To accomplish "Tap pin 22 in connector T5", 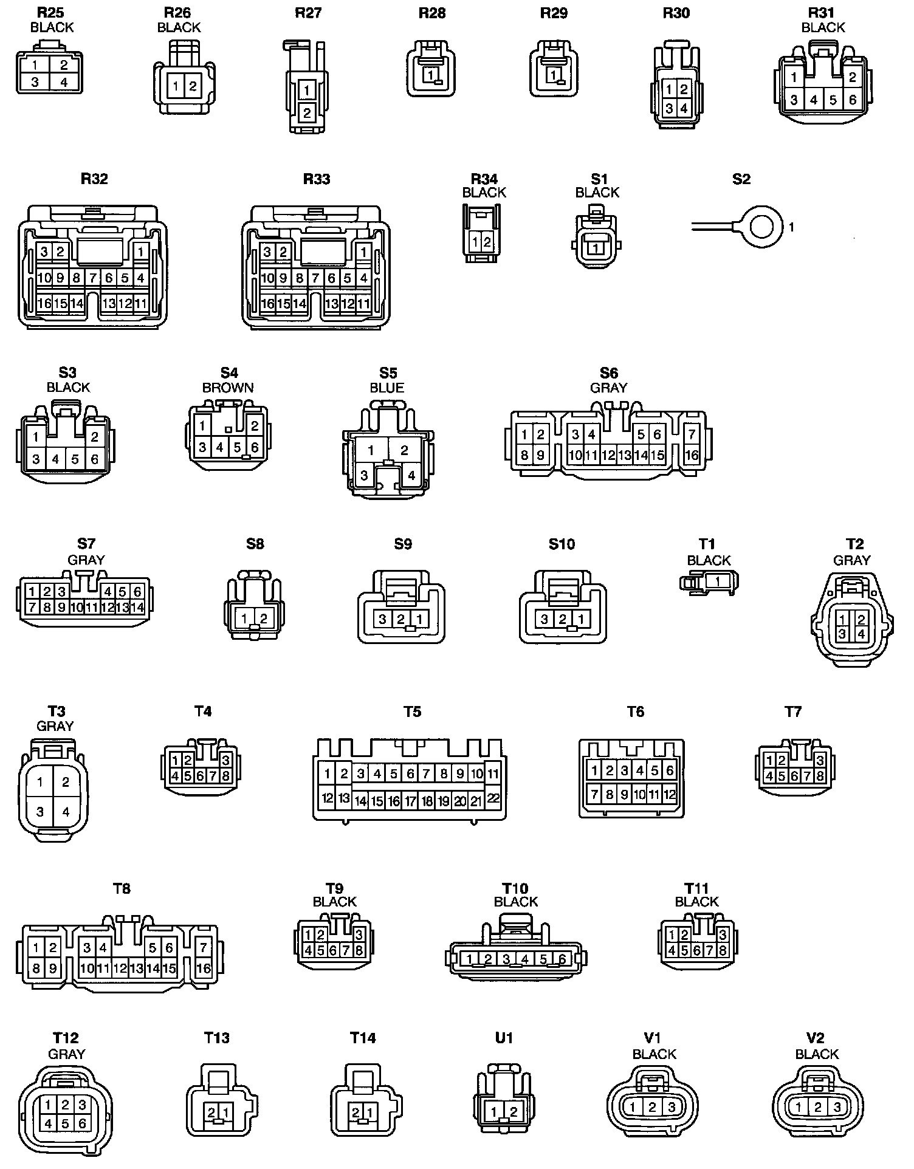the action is (x=493, y=798).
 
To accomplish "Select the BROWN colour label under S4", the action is (x=228, y=388).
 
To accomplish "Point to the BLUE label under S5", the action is (x=387, y=388).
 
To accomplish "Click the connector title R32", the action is (x=94, y=179).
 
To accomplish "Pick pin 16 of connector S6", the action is (x=692, y=455).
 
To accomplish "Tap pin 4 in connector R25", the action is (x=63, y=82).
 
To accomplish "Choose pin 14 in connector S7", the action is (x=137, y=607).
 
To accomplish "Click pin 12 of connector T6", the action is (x=669, y=794).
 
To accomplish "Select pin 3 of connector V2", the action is (x=837, y=1107).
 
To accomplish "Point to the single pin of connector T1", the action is (x=718, y=581).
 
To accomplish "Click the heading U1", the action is (x=504, y=1038).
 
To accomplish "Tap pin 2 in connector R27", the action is (x=307, y=112).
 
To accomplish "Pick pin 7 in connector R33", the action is (x=315, y=278).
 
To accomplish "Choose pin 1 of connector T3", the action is (x=40, y=782).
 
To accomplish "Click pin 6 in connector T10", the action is (x=562, y=959).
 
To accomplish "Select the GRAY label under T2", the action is (x=852, y=560).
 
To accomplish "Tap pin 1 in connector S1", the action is (x=596, y=249).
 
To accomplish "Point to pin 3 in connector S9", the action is (x=383, y=619).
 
